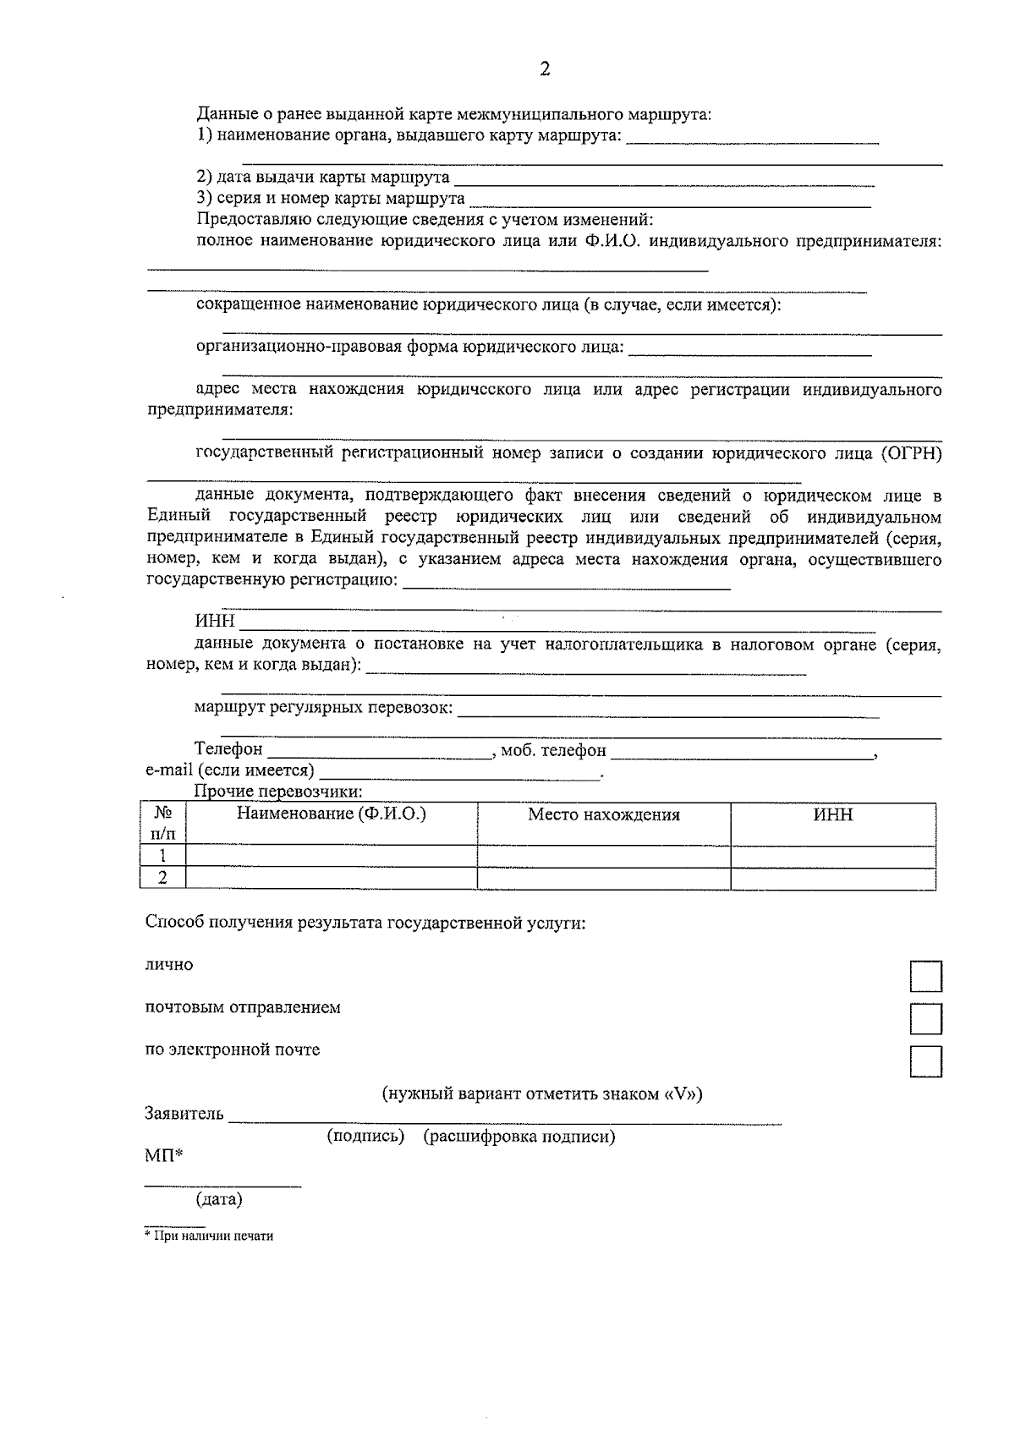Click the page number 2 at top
coord(544,69)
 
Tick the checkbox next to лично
coord(925,976)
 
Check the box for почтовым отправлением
coord(925,1019)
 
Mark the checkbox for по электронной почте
coord(925,1061)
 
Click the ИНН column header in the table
coord(833,815)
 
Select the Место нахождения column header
coord(604,815)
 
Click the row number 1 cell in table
coord(162,856)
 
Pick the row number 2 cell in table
coord(162,878)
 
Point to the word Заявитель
coord(184,1113)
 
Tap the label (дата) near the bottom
coord(219,1199)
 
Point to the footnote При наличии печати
coord(211,1236)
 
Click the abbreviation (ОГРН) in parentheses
coord(911,453)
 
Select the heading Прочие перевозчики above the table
coord(278,792)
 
